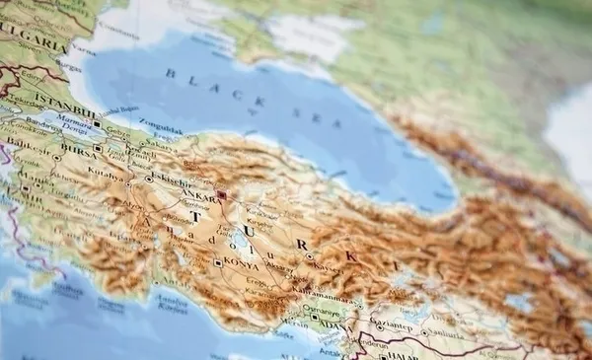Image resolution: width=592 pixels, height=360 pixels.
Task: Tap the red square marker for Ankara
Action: point(222,194)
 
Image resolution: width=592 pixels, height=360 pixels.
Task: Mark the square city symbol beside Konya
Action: point(217,262)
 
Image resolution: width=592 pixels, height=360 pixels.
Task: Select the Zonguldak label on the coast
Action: point(162,129)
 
